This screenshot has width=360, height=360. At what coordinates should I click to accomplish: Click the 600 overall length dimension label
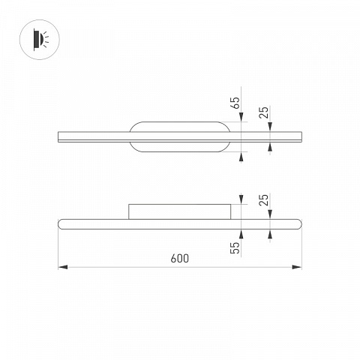click(180, 258)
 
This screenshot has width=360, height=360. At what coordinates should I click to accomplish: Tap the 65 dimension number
click(235, 103)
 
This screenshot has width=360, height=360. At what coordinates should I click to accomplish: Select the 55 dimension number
click(235, 247)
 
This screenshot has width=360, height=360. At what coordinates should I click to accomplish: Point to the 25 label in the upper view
click(263, 112)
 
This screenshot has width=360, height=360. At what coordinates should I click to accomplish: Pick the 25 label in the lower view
click(263, 199)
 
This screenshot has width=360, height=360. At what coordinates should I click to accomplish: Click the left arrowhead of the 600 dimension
click(63, 267)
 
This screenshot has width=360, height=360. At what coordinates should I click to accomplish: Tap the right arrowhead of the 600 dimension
click(297, 267)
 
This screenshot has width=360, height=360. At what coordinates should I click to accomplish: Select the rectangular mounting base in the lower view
click(179, 211)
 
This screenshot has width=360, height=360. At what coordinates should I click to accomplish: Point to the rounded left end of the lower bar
click(60, 224)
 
